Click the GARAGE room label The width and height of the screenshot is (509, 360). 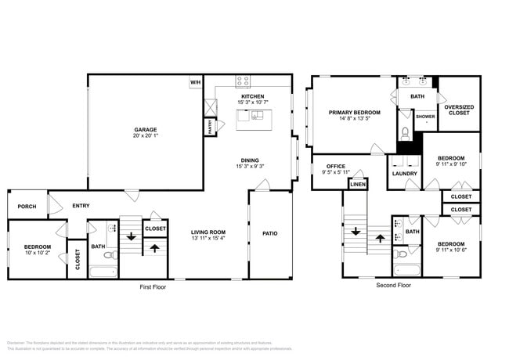(145, 130)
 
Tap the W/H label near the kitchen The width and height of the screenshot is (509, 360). (194, 81)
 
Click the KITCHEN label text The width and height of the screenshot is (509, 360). (251, 96)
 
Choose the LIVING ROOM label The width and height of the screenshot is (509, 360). (208, 232)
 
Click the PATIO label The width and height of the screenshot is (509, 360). (269, 233)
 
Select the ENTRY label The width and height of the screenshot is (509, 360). (81, 206)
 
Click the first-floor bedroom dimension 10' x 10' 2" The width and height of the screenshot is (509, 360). (37, 253)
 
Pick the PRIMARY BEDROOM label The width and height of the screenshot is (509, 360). (354, 113)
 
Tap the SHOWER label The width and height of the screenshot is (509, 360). (425, 117)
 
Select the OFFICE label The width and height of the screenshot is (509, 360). (336, 166)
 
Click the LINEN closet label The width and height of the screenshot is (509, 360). (357, 184)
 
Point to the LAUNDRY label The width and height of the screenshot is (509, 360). (404, 173)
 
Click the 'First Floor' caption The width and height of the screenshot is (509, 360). (153, 287)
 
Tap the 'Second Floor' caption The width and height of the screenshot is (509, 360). (393, 286)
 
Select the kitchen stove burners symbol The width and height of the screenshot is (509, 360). (243, 80)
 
